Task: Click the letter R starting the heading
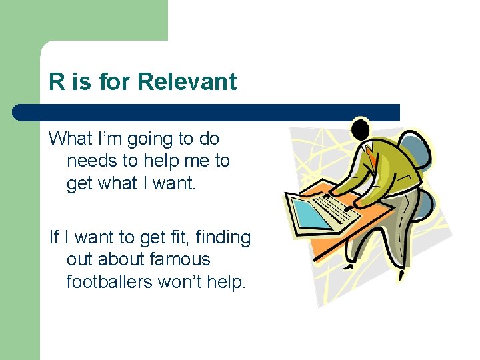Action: tap(57, 82)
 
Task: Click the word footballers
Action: tap(109, 281)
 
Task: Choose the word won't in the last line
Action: tap(180, 281)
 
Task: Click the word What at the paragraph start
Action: tap(70, 139)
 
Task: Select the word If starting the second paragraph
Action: tap(53, 237)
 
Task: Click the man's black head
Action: tap(361, 129)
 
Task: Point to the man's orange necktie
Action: tap(371, 157)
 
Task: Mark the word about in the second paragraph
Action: tap(122, 259)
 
